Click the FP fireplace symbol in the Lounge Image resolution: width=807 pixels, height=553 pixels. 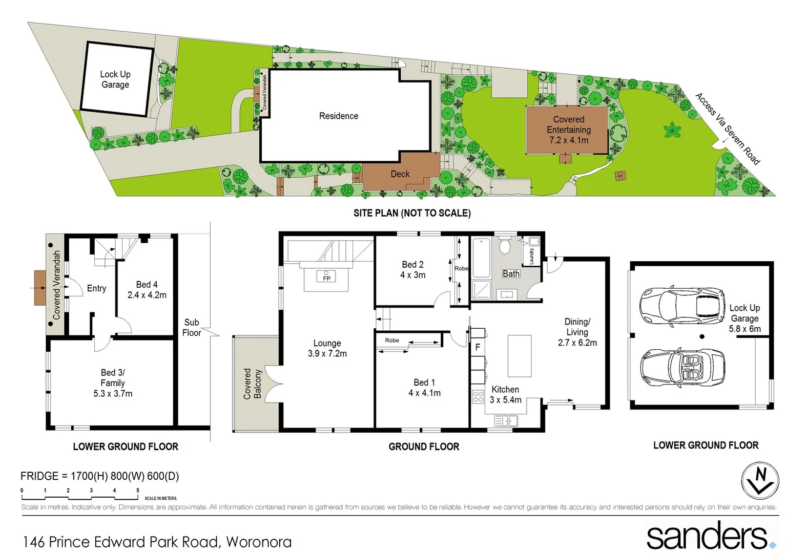[x=326, y=277]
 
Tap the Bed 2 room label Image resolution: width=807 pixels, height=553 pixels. [x=412, y=265]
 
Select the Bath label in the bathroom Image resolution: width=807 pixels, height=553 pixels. [x=511, y=274]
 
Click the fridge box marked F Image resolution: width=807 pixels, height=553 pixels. [x=478, y=347]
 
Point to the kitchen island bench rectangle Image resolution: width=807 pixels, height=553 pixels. [x=519, y=356]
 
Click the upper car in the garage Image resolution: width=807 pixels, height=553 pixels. [x=682, y=306]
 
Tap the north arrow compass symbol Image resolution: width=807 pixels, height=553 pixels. [x=760, y=481]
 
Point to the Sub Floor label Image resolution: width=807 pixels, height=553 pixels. [x=192, y=328]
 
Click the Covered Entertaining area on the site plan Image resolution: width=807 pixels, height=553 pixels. [x=568, y=130]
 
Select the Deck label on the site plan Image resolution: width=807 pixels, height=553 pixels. [x=400, y=174]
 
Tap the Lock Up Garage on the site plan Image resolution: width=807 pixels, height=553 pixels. [x=116, y=79]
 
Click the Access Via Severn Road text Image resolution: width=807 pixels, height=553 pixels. [x=728, y=129]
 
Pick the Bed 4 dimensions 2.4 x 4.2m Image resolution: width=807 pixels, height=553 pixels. [x=147, y=295]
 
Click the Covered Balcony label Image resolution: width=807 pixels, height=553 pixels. [x=252, y=384]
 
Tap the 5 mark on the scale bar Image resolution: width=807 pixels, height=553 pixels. [x=137, y=491]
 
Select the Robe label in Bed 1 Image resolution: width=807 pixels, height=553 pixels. [x=392, y=341]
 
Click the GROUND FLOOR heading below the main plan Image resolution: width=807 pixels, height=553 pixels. [x=424, y=446]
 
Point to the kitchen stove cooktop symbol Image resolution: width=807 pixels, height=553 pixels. [x=478, y=396]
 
